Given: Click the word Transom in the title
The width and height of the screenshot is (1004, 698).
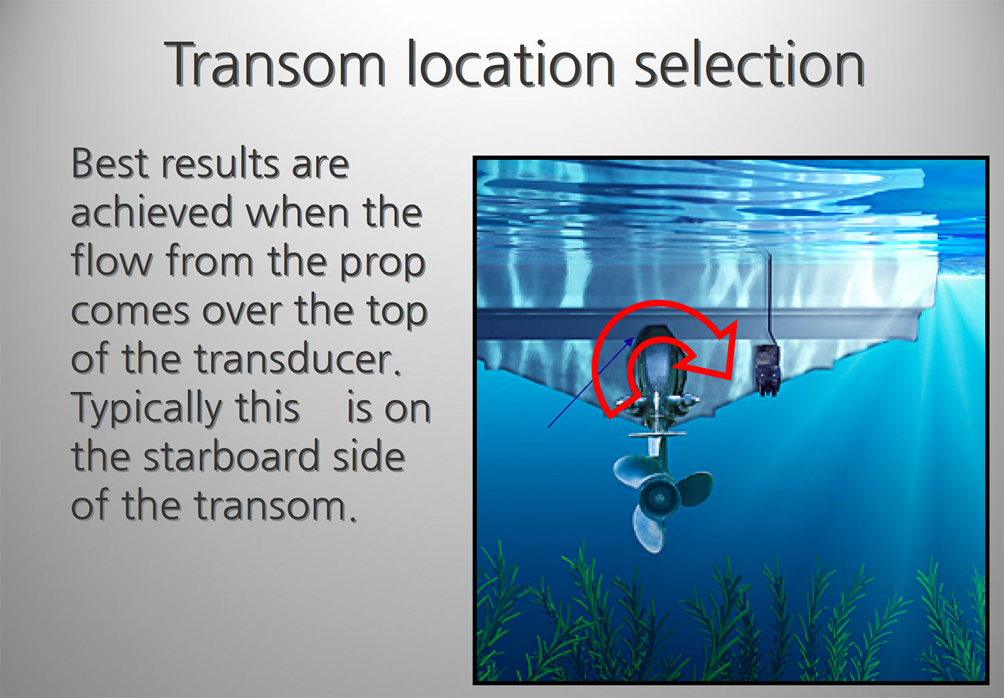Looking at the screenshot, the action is [x=275, y=64].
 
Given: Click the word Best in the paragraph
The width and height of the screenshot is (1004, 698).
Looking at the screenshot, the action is [x=110, y=163].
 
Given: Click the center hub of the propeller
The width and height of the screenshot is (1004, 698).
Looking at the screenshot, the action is [x=659, y=498].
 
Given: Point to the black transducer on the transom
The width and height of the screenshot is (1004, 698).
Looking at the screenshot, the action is [x=768, y=370].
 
